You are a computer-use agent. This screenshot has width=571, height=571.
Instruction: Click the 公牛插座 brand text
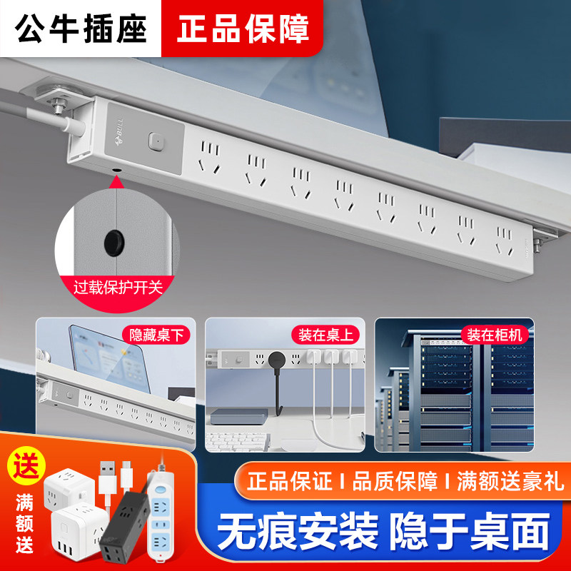pos(81,28)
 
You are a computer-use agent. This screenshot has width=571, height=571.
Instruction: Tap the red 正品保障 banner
pos(243,28)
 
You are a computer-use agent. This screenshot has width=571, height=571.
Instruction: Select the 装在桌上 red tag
pos(323,334)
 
